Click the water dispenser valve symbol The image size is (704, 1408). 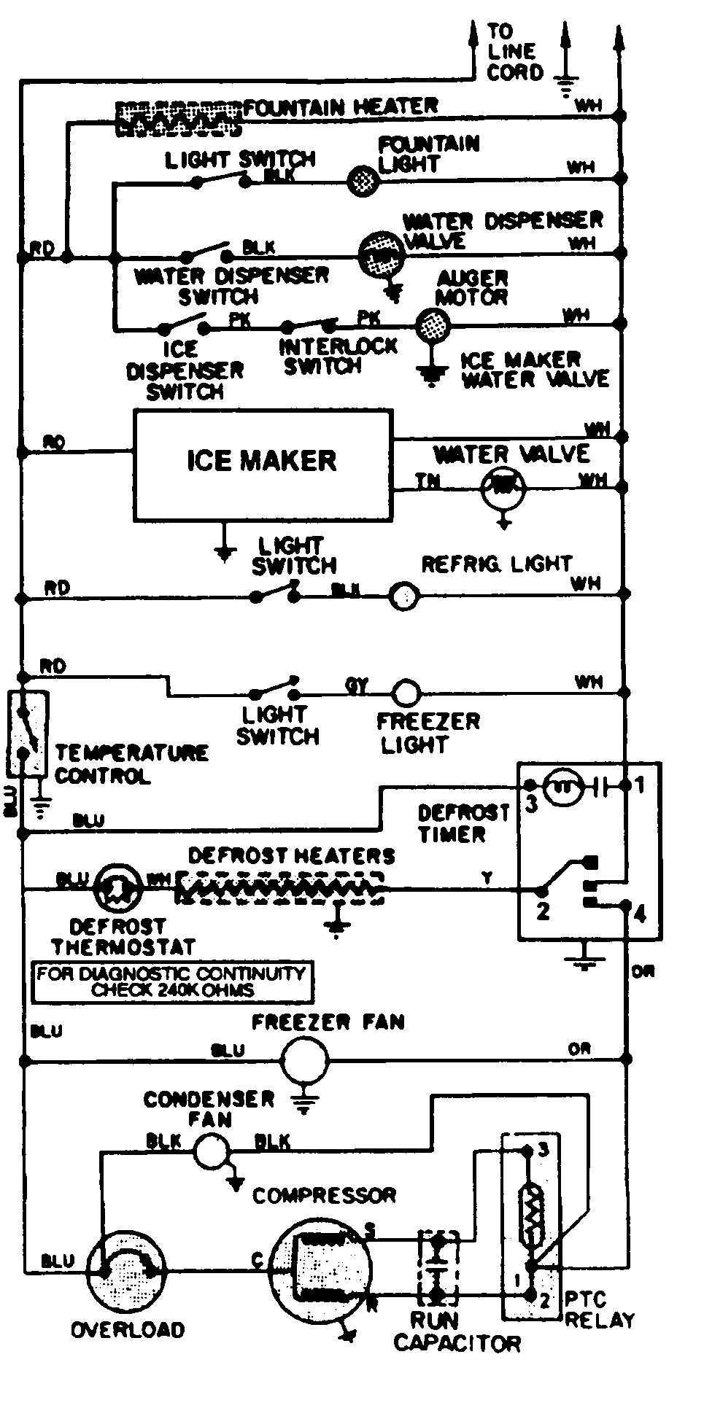tap(381, 254)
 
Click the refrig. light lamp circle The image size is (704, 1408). tap(403, 596)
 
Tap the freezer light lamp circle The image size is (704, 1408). tap(406, 691)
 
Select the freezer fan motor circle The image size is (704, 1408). tap(305, 1061)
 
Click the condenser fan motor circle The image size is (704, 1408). tap(211, 1151)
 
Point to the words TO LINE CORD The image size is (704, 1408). tap(514, 52)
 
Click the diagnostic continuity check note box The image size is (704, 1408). tap(173, 981)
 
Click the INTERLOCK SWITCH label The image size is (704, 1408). tap(337, 356)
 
